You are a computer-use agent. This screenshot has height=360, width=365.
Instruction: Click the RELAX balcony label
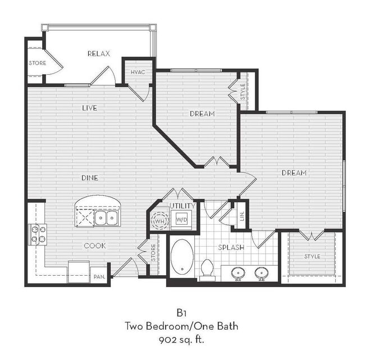click(98, 54)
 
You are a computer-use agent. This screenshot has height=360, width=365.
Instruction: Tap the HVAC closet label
click(138, 72)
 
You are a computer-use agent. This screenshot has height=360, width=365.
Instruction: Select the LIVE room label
click(89, 108)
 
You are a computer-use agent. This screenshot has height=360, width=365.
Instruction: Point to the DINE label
click(89, 178)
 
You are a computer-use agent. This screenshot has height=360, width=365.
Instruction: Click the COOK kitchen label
click(95, 245)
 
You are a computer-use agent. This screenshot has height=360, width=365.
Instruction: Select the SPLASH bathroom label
click(231, 247)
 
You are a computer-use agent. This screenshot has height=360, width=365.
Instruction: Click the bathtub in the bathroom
click(181, 258)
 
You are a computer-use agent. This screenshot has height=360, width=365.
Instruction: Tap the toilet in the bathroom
click(207, 268)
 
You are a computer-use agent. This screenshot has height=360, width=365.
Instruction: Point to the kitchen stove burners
click(38, 234)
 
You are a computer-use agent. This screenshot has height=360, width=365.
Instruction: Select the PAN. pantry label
click(99, 277)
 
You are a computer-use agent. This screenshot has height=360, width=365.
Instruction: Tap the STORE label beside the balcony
click(37, 63)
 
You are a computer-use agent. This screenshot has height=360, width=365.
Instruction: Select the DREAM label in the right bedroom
click(294, 173)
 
